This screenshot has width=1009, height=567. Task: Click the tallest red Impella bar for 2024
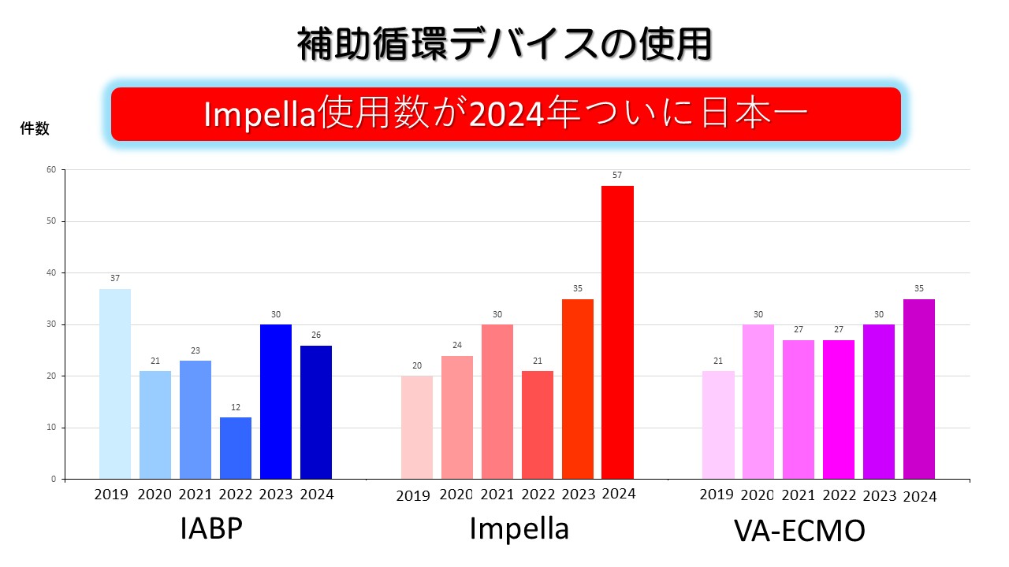coord(617,332)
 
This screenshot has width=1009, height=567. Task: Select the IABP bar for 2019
coord(115,384)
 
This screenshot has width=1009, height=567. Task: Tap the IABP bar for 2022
coord(236,448)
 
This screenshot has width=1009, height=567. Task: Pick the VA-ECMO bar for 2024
coord(919,389)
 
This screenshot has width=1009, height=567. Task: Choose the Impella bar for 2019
coord(416,428)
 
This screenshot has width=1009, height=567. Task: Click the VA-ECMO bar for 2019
coord(718,425)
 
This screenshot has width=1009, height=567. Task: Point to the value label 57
coord(617,175)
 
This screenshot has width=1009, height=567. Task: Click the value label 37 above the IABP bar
coord(115,278)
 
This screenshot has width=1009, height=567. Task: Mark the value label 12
coord(236,407)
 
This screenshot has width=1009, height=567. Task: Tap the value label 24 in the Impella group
coord(456,345)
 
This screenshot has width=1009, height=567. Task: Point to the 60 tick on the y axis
coord(51,169)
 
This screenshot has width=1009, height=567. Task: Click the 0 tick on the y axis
coord(54,479)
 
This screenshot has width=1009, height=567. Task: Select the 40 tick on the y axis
coord(51,272)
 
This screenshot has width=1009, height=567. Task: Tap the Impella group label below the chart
coord(519,528)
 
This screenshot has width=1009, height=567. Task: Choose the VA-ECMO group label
coord(799,531)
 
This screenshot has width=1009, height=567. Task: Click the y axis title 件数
coord(35,129)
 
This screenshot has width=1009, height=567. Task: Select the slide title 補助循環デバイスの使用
coord(504,44)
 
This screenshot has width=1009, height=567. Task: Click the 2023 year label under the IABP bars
coord(276,495)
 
